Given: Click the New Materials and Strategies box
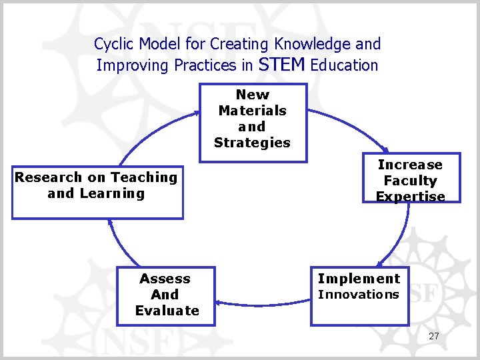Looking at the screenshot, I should (x=253, y=122).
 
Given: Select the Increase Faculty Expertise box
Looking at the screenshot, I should (x=409, y=180).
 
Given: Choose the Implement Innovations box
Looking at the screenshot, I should (x=358, y=295).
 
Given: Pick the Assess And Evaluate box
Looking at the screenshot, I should (x=166, y=295).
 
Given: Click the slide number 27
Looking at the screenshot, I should (x=434, y=336).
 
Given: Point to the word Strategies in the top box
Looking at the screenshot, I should (x=252, y=143).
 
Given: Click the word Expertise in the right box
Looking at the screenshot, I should (x=410, y=197).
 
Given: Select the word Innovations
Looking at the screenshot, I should (x=358, y=295).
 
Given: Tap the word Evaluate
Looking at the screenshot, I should (x=167, y=311).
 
